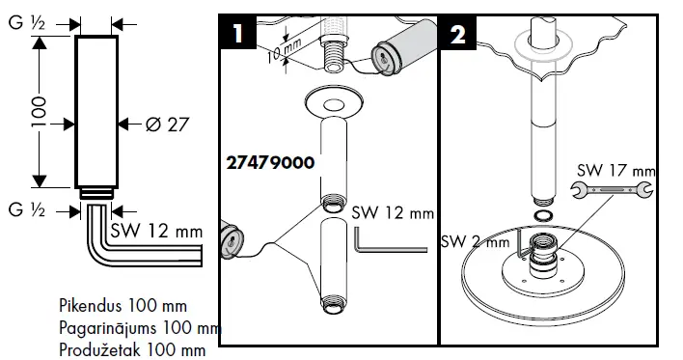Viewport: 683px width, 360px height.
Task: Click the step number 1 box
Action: click(236, 34)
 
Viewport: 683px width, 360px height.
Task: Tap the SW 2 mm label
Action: click(476, 242)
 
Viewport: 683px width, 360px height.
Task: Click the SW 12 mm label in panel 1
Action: click(393, 212)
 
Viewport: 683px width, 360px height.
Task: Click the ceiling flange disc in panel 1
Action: click(331, 99)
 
